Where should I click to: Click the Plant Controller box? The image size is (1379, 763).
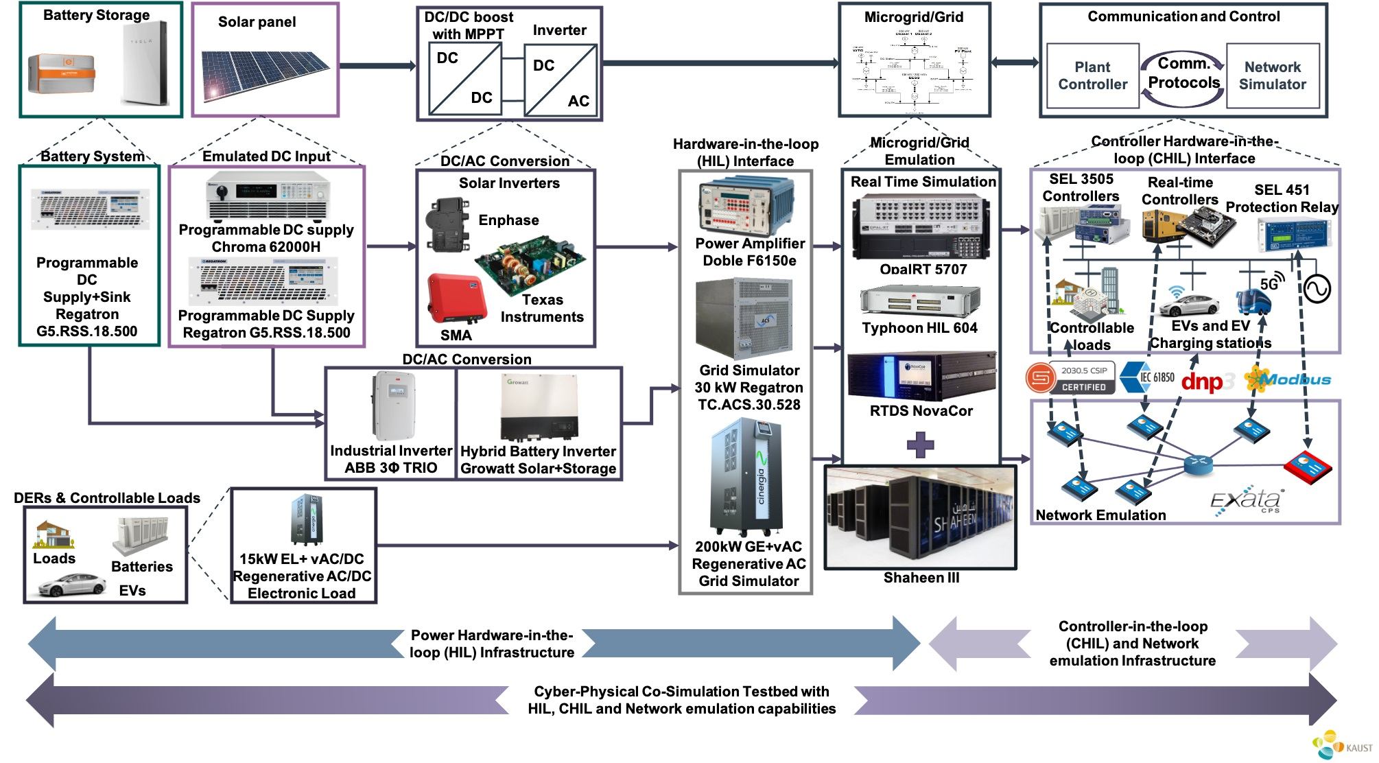[1092, 75]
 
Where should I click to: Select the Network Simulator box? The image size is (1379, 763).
[1272, 75]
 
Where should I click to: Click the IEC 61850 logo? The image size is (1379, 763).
[1147, 377]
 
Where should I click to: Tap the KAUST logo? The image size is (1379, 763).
[1341, 746]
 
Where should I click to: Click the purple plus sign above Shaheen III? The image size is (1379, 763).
[920, 445]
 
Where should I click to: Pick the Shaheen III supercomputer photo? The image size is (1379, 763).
[920, 517]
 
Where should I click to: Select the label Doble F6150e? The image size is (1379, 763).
[749, 261]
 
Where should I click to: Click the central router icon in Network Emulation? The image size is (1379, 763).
[1198, 465]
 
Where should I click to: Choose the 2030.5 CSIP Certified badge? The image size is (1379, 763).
[1070, 377]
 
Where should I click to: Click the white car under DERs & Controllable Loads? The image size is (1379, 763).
[71, 585]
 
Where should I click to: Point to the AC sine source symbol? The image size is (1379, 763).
[1317, 289]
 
